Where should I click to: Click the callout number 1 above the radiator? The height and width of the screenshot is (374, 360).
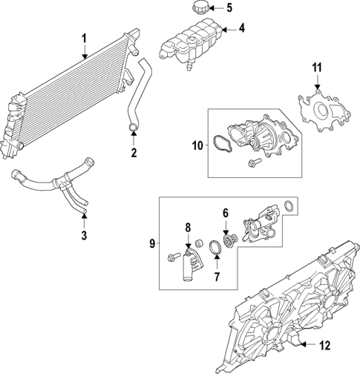coord(85,38)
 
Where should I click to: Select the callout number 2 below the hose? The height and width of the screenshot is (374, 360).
coord(134,154)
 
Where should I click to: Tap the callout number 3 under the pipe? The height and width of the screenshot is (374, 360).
coord(85,235)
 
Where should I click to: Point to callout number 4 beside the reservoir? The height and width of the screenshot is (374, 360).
coord(240,29)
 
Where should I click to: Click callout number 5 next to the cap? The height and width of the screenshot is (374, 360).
coord(229,8)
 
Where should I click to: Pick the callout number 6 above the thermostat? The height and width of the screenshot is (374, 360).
coord(225,212)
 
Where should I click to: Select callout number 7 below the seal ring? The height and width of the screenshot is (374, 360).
coord(216,278)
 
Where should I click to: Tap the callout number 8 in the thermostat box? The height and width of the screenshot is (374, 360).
coord(188,227)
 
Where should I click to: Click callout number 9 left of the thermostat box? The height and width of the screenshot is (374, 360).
coord(152,243)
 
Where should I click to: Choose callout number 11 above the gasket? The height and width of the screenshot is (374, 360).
coord(317,69)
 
